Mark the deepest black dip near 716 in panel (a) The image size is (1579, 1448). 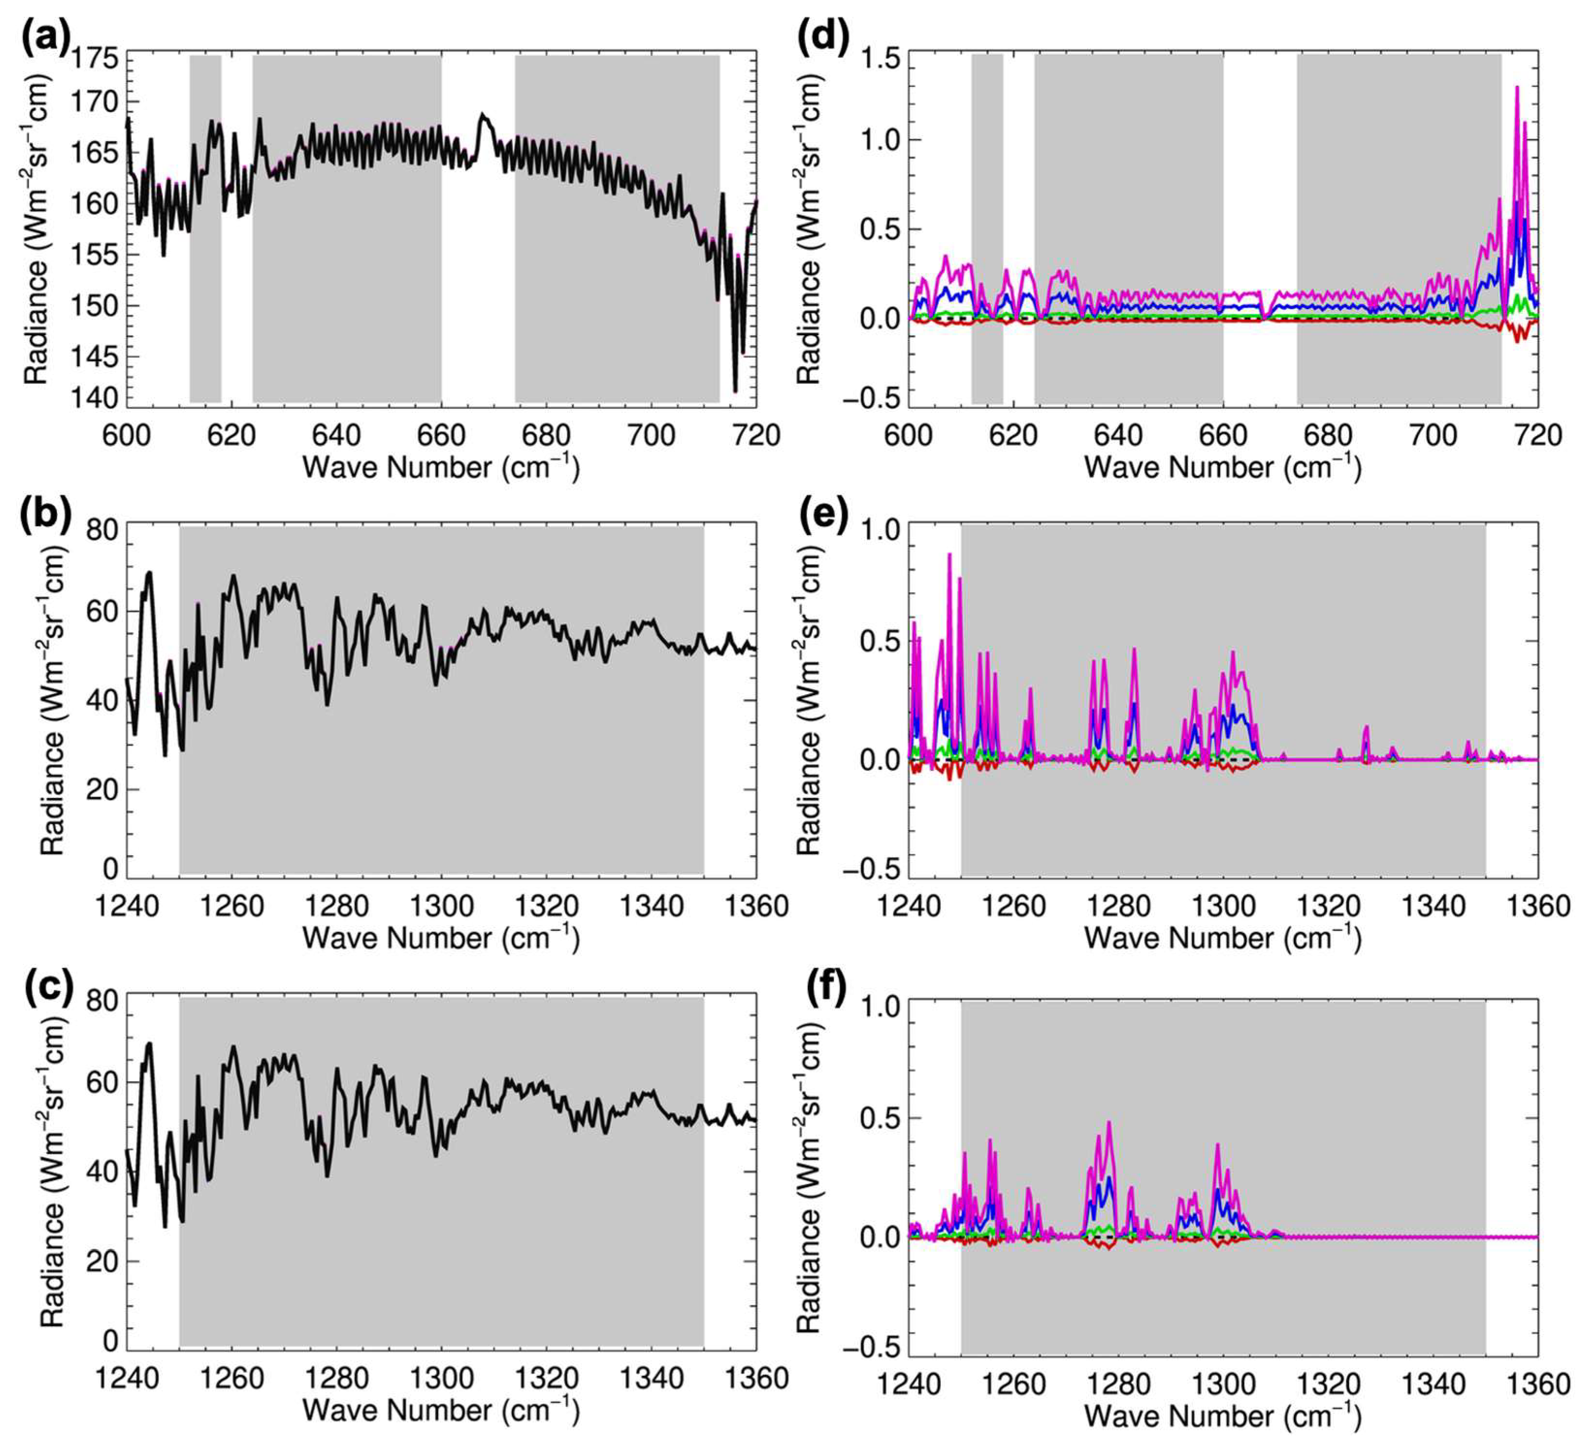[735, 390]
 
